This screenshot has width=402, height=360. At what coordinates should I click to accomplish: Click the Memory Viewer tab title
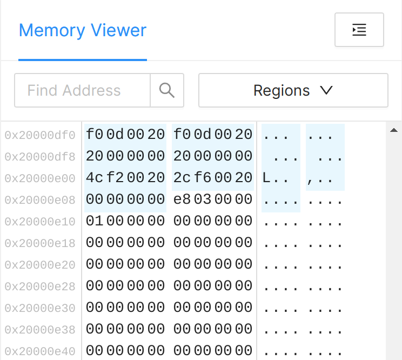pyautogui.click(x=83, y=30)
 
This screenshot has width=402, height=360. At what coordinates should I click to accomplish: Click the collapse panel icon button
pyautogui.click(x=359, y=30)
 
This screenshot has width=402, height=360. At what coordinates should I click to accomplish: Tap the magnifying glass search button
pyautogui.click(x=167, y=90)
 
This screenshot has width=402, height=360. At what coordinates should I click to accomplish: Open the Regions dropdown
pyautogui.click(x=293, y=90)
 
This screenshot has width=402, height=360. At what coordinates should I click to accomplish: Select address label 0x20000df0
pyautogui.click(x=40, y=135)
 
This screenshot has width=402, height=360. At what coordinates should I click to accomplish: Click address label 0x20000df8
pyautogui.click(x=40, y=157)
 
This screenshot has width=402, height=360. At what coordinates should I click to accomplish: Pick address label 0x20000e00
pyautogui.click(x=40, y=178)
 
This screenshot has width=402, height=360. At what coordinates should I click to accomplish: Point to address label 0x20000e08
pyautogui.click(x=40, y=200)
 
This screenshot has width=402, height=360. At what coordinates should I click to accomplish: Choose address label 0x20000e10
pyautogui.click(x=40, y=222)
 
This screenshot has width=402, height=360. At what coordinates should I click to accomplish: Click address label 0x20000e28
pyautogui.click(x=40, y=286)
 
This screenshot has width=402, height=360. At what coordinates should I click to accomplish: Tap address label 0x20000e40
pyautogui.click(x=40, y=351)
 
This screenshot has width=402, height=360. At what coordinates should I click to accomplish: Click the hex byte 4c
pyautogui.click(x=95, y=178)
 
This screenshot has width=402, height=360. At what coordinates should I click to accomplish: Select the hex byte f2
pyautogui.click(x=115, y=178)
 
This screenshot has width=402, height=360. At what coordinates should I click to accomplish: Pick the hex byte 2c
pyautogui.click(x=183, y=178)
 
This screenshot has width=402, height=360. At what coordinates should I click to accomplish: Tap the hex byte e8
pyautogui.click(x=183, y=199)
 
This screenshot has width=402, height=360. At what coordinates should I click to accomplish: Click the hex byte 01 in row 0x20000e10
pyautogui.click(x=95, y=221)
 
